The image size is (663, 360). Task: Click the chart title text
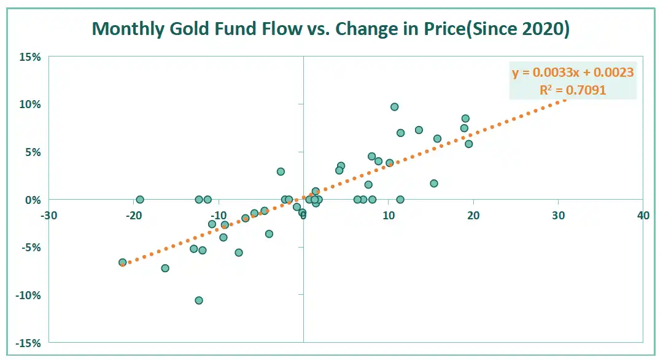(331, 28)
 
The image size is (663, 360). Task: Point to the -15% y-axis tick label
(29, 343)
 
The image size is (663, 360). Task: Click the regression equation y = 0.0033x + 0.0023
(573, 72)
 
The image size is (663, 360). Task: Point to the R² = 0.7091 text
(573, 90)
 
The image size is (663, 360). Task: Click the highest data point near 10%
(395, 107)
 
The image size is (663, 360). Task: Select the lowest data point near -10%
(199, 300)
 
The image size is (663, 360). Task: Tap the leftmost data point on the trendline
(123, 262)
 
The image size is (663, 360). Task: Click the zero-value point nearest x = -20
(140, 200)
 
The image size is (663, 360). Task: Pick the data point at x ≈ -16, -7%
(165, 268)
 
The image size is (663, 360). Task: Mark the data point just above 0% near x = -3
(281, 171)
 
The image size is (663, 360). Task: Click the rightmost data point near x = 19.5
(469, 144)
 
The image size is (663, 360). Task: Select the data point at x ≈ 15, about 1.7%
(434, 183)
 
